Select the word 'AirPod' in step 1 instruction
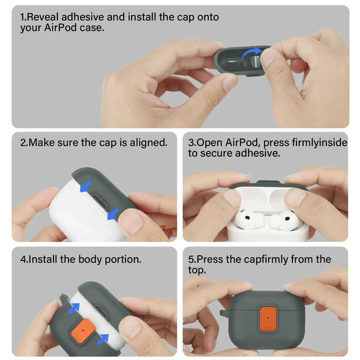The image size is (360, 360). (60, 28)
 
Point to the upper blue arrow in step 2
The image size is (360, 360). (85, 186)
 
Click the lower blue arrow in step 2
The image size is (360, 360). (113, 214)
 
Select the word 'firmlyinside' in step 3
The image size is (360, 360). (319, 142)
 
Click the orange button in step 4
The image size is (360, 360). (83, 331)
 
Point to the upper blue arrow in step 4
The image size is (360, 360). (74, 308)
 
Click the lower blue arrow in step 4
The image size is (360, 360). (102, 339)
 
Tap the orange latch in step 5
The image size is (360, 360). (268, 319)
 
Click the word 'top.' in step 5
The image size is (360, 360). (197, 270)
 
